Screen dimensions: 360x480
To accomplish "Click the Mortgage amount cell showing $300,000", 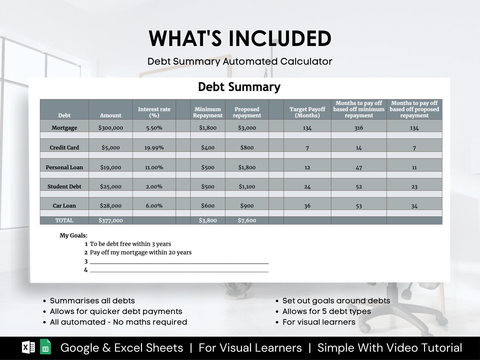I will pos(111,128).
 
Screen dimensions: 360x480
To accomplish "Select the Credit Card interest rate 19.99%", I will pos(154,148).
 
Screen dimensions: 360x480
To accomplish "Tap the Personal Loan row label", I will pos(64,167).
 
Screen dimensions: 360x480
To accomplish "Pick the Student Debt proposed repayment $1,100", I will pos(247,187).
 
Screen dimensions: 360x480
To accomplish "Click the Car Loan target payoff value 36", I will pos(307,206).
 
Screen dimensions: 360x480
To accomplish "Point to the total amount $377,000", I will pos(111,220).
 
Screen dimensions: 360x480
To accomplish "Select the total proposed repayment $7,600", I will pos(247,220).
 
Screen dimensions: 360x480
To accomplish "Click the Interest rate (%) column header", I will pos(154,112).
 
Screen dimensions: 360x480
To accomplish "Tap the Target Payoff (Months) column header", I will pos(307,112).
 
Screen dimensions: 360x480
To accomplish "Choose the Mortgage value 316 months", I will pos(359,128).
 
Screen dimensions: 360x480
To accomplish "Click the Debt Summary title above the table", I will pos(239,87).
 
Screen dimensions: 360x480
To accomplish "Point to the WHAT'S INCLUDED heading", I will pos(240,38).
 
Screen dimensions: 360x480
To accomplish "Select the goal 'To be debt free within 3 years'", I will pos(130,244).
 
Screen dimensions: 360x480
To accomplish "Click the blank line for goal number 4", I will pos(179,270).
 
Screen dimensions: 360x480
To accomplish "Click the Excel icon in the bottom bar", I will pos(28,347).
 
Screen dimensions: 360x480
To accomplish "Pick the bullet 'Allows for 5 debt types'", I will pos(326,311).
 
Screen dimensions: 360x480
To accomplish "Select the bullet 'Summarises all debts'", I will pos(92,301).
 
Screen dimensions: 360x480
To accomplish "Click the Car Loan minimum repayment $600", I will pos(208,206).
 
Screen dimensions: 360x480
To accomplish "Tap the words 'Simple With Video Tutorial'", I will pos(390,348).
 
